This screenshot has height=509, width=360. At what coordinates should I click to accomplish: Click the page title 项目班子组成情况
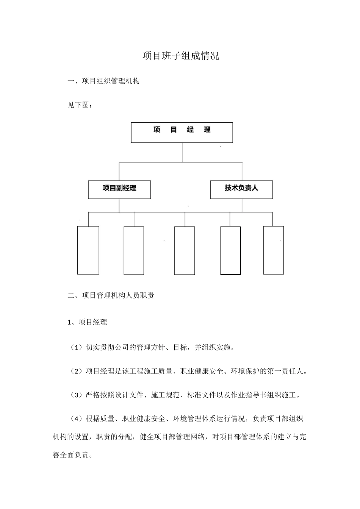tap(181, 56)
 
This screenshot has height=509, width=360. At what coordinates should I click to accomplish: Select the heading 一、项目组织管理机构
tap(103, 81)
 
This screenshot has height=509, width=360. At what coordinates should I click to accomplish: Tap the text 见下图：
tap(80, 105)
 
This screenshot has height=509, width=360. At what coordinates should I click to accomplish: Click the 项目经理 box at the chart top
tap(182, 132)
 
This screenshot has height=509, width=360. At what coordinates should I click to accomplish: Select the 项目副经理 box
tap(119, 189)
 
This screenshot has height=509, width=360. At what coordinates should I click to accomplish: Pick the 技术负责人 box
tap(241, 189)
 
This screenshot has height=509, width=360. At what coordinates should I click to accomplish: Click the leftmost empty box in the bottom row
tap(88, 250)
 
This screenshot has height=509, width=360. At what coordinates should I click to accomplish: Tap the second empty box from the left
tap(134, 250)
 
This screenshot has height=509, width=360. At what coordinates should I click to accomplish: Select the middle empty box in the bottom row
tap(185, 250)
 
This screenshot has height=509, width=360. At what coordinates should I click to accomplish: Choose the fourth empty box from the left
tap(230, 250)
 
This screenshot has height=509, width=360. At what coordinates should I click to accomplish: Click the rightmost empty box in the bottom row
tap(273, 250)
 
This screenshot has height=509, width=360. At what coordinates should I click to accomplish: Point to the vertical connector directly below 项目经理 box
tap(182, 152)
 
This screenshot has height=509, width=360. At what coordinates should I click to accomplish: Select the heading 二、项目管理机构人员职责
tap(111, 296)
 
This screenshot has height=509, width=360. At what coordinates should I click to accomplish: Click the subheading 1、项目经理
tap(87, 322)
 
